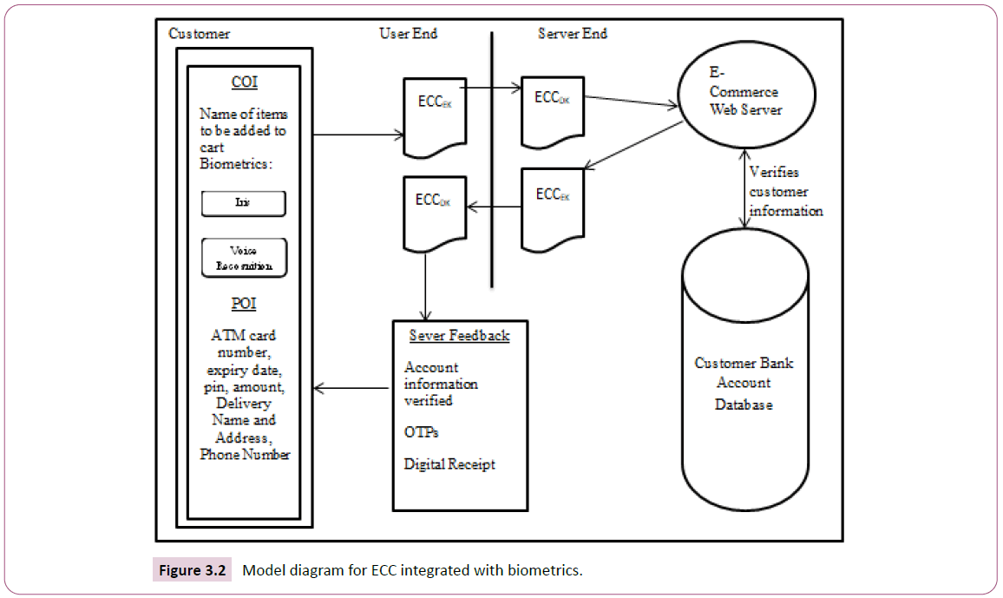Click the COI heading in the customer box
(244, 83)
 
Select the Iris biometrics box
(244, 204)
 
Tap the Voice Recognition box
(244, 258)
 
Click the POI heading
(244, 305)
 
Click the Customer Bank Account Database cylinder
(744, 382)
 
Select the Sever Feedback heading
(459, 336)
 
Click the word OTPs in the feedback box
(420, 431)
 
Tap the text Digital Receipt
(449, 464)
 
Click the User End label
(408, 34)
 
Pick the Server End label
(573, 34)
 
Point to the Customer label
(200, 34)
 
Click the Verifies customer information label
(786, 192)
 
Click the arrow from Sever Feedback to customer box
(351, 388)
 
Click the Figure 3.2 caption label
(193, 570)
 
